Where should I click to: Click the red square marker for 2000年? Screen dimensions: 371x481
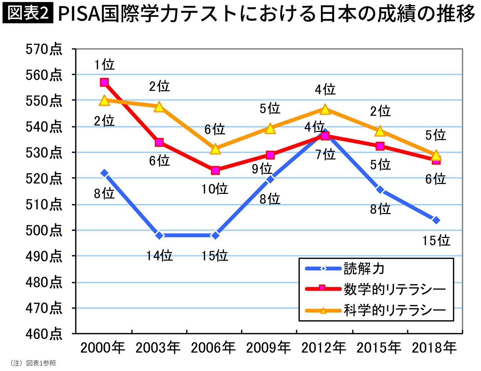point(104,82)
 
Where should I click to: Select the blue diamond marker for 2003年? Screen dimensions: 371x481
point(160,236)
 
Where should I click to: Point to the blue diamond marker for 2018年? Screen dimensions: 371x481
point(436,220)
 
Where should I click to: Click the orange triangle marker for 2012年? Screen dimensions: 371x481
point(325,109)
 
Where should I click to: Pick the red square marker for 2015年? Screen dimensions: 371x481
point(380,146)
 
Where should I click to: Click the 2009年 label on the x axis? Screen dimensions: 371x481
point(268,348)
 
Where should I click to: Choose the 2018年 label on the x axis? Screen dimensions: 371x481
point(434,348)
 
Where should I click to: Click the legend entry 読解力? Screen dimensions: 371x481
point(364,268)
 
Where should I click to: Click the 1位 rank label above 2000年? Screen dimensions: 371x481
point(104,65)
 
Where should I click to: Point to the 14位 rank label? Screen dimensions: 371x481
point(160,255)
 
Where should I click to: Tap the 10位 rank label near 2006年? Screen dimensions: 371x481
point(215,189)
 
